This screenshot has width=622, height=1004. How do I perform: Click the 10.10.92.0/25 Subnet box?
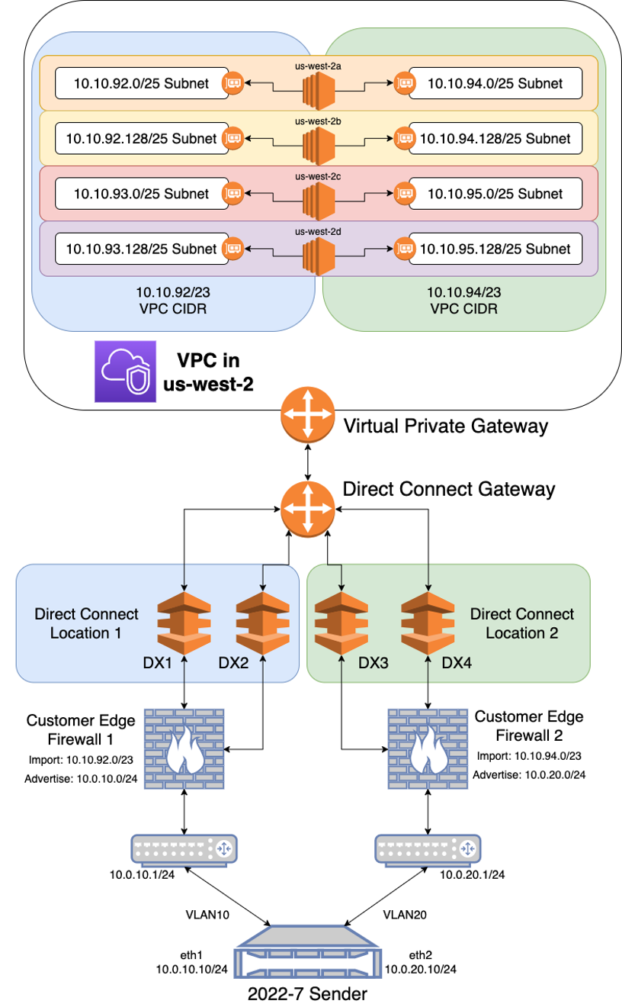(142, 83)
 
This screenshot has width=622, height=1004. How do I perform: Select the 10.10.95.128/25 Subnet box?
(495, 248)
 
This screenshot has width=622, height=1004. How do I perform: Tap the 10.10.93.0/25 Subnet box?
(142, 193)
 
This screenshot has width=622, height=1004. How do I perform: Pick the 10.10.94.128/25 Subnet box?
(495, 138)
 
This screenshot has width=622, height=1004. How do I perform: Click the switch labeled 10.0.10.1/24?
(184, 848)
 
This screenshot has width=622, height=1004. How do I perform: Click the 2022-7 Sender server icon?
(307, 953)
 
